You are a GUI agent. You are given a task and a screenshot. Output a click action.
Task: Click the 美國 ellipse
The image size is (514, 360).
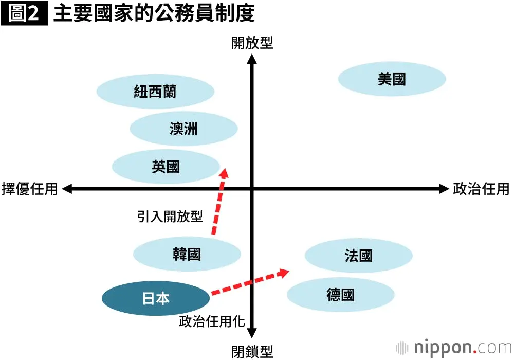coord(392,79)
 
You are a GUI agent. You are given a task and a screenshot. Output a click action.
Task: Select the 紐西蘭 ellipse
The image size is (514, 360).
coord(155,92)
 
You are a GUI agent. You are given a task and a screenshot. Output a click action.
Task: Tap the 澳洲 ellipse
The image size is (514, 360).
coord(183,129)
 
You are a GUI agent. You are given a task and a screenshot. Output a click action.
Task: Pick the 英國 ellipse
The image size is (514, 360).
coord(166,167)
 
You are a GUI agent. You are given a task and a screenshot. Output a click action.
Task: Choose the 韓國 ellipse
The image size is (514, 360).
coord(187,254)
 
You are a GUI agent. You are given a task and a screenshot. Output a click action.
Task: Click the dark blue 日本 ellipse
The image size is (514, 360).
coord(156,298)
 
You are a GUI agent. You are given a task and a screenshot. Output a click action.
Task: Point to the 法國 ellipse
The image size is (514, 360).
coord(358,256)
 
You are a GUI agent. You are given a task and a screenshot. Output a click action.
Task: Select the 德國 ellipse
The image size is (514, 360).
coord(341,294)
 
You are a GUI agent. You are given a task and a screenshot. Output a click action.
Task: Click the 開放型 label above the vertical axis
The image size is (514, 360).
coord(252,43)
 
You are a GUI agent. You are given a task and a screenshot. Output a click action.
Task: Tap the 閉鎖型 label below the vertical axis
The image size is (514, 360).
coord(252,352)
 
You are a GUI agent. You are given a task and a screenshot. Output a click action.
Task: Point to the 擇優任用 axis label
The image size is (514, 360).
coord(29,189)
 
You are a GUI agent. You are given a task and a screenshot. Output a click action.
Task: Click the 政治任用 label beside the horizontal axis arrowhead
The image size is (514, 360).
coord(481,189)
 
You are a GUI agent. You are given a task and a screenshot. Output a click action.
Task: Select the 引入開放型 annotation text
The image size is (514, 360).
coord(170,217)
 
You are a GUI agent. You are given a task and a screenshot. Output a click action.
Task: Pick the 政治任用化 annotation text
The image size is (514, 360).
coord(212,321)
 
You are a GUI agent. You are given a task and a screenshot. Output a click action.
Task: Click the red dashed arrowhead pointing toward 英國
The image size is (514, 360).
coord(224,173)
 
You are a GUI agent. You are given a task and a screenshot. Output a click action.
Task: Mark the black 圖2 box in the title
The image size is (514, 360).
coord(24,13)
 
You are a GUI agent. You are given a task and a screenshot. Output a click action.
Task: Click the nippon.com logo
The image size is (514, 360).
coord(454,347)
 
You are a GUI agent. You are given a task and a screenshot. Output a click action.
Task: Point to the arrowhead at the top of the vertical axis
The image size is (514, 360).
coord(252,59)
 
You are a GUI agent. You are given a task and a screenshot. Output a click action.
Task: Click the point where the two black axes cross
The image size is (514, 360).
coord(252,189)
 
